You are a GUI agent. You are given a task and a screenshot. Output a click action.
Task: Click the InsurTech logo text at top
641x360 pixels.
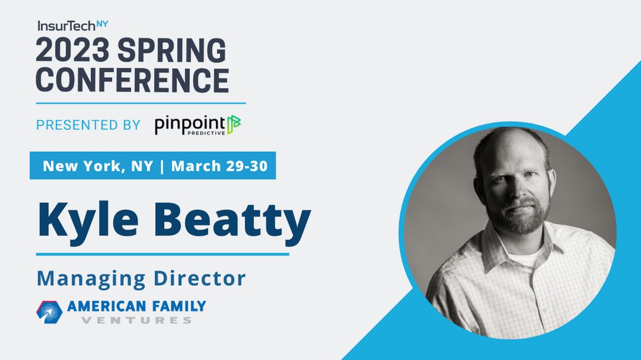click(66, 26)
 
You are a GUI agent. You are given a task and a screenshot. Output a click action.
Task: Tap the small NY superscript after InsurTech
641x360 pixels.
click(102, 24)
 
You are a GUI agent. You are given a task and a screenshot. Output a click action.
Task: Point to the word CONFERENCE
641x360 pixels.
click(132, 79)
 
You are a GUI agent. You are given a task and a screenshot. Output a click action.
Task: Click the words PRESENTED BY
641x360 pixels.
click(88, 125)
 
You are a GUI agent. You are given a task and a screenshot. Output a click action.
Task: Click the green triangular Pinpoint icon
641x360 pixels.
click(234, 125)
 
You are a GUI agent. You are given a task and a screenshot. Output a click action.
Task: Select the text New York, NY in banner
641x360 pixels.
click(97, 165)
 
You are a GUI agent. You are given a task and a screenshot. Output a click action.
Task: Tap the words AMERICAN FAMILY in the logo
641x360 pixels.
click(137, 307)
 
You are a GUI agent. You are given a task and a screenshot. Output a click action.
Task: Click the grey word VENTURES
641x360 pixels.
click(137, 321)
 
